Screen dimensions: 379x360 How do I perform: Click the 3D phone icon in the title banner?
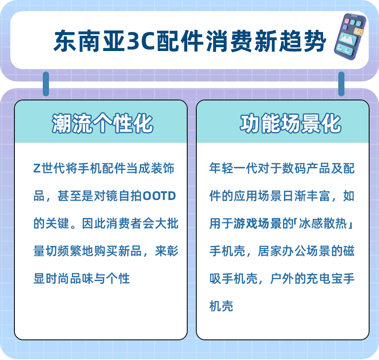point(350,37)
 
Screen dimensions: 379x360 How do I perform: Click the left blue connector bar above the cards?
point(46,84)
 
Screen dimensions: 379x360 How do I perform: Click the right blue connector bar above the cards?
point(341,84)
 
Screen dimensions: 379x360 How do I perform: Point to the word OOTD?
point(159,196)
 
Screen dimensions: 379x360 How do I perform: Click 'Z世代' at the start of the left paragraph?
point(46,168)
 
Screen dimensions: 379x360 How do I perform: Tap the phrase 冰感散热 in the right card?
point(323,223)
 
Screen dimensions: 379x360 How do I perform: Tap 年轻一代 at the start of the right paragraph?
point(233,168)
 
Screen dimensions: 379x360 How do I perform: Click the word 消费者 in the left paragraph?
point(124,223)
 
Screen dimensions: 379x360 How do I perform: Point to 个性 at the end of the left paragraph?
point(118,279)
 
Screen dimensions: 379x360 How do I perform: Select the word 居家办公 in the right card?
point(282,251)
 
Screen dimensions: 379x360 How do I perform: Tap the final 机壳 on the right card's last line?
point(221,306)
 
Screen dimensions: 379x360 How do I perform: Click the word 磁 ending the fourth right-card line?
point(349,251)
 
